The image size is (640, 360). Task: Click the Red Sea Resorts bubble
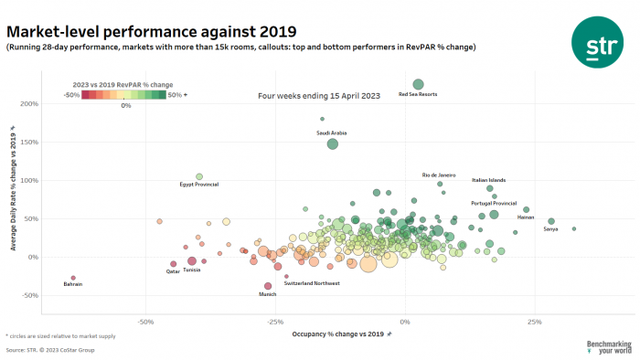pyautogui.click(x=418, y=85)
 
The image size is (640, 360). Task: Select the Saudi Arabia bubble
pyautogui.click(x=333, y=143)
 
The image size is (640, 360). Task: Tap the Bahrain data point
pyautogui.click(x=73, y=278)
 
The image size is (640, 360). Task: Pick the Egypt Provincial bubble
pyautogui.click(x=199, y=176)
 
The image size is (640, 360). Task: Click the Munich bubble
pyautogui.click(x=268, y=286)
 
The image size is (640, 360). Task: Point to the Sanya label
pyautogui.click(x=550, y=228)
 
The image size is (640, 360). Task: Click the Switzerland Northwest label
pyautogui.click(x=312, y=283)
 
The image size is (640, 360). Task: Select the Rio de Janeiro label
pyautogui.click(x=438, y=175)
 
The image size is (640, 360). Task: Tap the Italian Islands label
pyautogui.click(x=488, y=180)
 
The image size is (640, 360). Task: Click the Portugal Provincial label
pyautogui.click(x=494, y=203)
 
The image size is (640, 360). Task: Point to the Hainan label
pyautogui.click(x=526, y=217)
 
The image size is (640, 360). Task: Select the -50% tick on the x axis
pyautogui.click(x=145, y=323)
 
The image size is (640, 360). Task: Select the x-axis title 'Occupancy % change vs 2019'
pyautogui.click(x=338, y=335)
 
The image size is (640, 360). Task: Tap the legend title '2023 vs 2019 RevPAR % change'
pyautogui.click(x=123, y=85)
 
